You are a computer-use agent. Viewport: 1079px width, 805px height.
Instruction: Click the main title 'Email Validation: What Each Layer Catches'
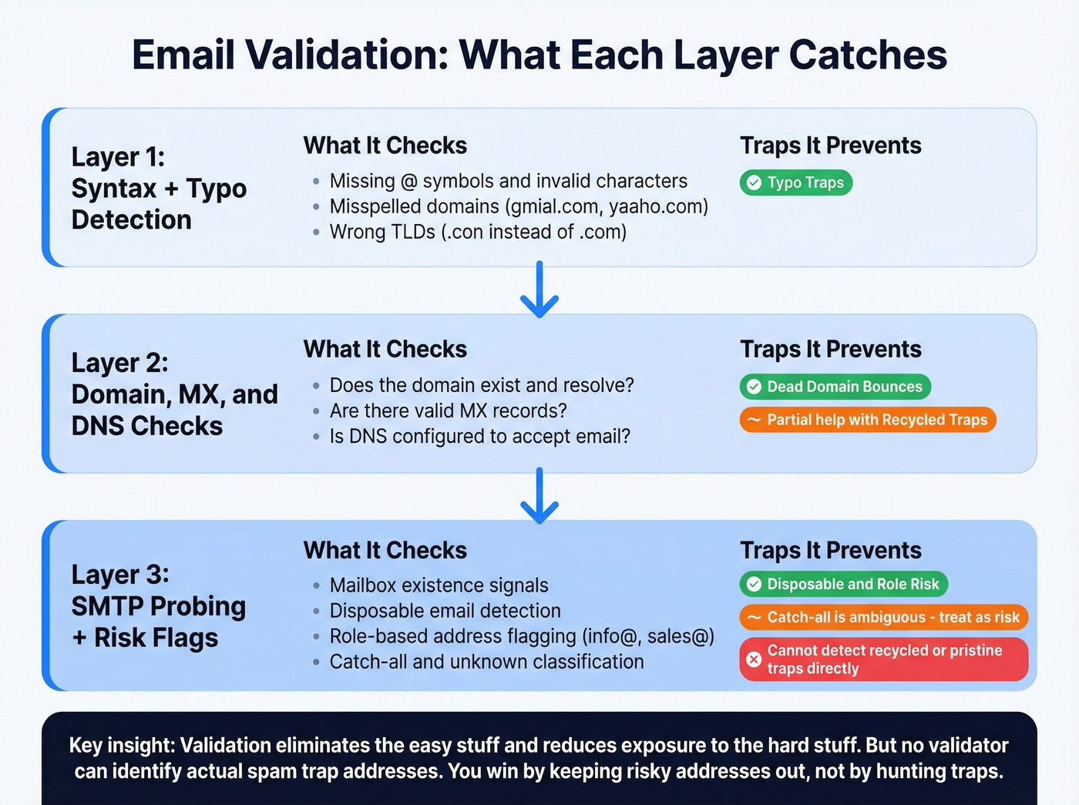click(x=539, y=55)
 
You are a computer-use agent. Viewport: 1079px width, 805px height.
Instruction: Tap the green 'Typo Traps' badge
click(x=796, y=183)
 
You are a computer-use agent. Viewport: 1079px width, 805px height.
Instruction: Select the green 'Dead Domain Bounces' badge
click(x=835, y=387)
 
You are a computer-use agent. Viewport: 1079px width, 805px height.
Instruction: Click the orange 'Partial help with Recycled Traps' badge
click(x=868, y=420)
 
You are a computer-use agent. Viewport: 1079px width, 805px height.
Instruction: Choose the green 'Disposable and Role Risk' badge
click(x=844, y=584)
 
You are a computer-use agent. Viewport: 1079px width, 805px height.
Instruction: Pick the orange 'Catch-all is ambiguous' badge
click(x=884, y=617)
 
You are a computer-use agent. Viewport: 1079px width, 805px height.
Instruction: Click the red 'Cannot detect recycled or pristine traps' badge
click(x=884, y=659)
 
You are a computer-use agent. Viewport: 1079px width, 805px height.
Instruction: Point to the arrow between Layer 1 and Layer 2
click(x=539, y=290)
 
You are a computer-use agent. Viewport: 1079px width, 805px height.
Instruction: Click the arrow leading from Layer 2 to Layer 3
click(x=539, y=496)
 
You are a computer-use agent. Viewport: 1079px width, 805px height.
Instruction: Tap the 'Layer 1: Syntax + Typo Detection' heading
click(x=159, y=188)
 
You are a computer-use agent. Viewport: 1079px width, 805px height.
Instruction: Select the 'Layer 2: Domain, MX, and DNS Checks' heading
click(x=174, y=394)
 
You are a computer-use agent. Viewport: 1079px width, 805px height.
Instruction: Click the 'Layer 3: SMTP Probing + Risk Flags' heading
click(x=158, y=606)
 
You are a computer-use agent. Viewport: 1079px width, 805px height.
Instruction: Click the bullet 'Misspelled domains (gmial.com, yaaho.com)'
click(x=518, y=206)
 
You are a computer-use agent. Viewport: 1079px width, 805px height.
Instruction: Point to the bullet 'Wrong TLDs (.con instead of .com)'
click(x=477, y=232)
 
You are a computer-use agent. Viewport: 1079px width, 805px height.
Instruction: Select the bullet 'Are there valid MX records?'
click(x=448, y=411)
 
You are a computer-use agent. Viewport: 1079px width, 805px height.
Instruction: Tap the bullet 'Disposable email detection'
click(x=445, y=611)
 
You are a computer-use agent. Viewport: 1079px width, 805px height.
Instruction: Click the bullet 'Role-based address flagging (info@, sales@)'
click(x=521, y=636)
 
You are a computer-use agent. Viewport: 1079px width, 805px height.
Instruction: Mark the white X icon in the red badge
click(x=754, y=659)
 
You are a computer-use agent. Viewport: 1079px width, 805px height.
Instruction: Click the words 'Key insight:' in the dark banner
click(x=121, y=746)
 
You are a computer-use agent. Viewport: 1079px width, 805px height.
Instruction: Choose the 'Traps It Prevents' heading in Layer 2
click(x=830, y=349)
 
